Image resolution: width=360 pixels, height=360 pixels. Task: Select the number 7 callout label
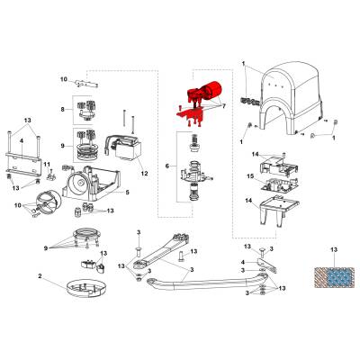coord(223,106)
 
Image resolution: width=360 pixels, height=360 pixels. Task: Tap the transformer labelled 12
coord(123,148)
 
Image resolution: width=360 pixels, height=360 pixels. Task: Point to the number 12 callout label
coord(144,174)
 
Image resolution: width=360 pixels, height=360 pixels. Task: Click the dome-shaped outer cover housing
coord(291,99)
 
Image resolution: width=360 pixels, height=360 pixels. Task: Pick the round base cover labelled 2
coord(86,288)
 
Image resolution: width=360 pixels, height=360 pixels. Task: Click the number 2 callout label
coord(40,275)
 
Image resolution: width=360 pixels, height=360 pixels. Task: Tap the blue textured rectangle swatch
coord(340,276)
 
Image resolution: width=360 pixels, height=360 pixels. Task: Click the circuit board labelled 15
coord(279,184)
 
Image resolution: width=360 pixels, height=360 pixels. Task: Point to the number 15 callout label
coord(250,175)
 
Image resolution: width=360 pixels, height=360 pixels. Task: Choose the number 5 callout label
coord(127,192)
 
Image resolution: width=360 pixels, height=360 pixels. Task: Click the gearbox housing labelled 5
coord(91,183)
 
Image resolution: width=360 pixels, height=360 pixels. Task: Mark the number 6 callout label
coord(167,166)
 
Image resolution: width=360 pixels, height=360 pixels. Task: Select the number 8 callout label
coord(62,109)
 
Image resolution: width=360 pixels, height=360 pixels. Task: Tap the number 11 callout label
coord(47,164)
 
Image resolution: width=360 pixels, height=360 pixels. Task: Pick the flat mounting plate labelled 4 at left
coord(22,162)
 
